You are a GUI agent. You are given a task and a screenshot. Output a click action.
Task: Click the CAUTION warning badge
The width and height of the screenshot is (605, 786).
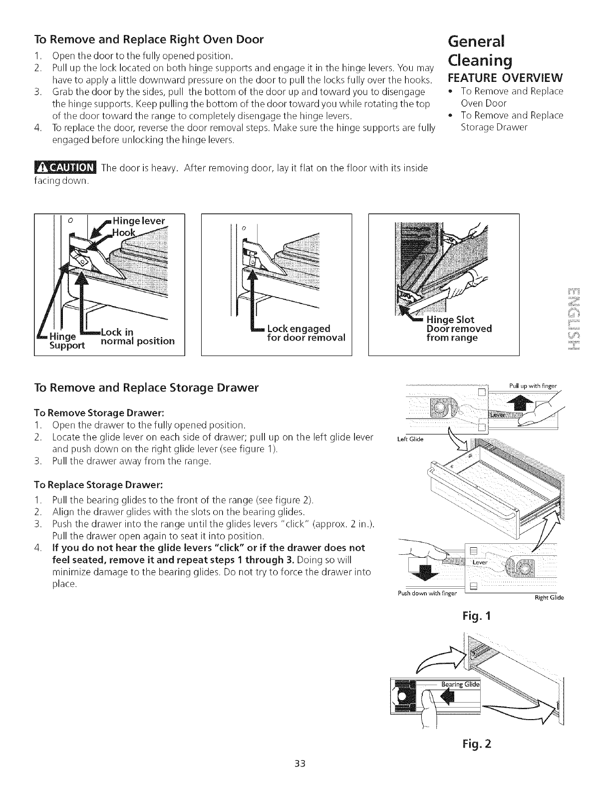click(66, 168)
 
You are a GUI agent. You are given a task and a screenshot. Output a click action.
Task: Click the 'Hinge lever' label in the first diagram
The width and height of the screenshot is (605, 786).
click(139, 222)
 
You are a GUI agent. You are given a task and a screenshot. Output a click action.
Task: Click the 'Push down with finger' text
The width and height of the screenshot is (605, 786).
click(428, 593)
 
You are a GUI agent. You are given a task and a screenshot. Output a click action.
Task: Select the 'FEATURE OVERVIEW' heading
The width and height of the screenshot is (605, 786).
click(505, 78)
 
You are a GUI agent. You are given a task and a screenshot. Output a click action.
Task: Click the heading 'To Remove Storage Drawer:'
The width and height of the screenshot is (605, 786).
click(99, 412)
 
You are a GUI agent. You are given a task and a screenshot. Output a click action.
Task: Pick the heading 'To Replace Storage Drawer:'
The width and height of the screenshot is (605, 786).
click(99, 485)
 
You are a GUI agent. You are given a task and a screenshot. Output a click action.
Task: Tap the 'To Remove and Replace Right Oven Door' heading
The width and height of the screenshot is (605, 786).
click(149, 39)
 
